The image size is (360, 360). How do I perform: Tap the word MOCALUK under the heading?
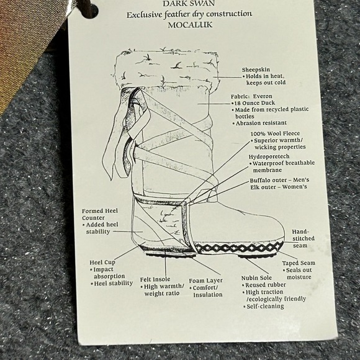coord(190,25)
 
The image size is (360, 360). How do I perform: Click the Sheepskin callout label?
coord(256,70)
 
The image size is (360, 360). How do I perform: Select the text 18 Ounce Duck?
coord(254,103)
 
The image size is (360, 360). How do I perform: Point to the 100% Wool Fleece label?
coord(275,133)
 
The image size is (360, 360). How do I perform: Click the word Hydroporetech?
coord(269,156)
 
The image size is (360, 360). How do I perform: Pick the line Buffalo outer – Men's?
coord(279,180)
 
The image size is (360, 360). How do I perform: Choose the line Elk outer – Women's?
coord(279,187)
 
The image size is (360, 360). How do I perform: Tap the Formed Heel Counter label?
coord(100,214)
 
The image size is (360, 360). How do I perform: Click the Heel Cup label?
coord(102,262)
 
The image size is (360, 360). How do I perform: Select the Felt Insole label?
coord(155,279)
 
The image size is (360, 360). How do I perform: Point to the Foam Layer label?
coord(205,281)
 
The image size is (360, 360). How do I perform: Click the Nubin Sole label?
coord(256,278)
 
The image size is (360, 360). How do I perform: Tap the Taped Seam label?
coord(299,263)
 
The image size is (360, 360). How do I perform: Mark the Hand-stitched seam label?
coord(304,238)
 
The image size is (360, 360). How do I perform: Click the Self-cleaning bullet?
coord(264,306)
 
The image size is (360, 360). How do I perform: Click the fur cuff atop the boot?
coord(166,69)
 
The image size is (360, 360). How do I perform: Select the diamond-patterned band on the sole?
coord(239,248)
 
